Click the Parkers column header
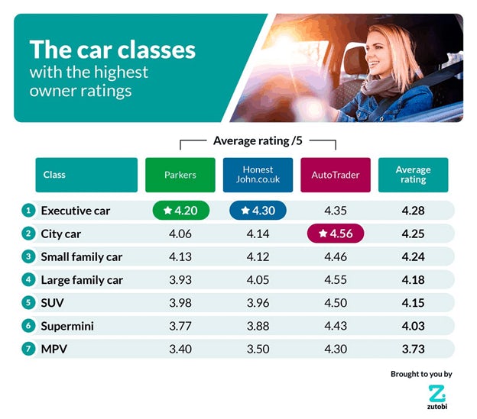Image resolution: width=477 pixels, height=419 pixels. coord(180,175)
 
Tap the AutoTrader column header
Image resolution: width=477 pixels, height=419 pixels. coord(335,175)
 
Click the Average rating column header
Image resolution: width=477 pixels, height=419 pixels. coord(413,175)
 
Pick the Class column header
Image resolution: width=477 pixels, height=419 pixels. coord(86,175)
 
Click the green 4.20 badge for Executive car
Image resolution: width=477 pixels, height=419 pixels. coord(180,211)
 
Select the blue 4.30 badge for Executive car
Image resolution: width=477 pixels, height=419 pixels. coord(258,211)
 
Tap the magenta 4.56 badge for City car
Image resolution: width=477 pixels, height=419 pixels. coord(336,234)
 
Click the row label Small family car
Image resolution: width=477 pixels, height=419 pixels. coord(81,256)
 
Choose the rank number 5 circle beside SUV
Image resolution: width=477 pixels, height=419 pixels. coord(27,303)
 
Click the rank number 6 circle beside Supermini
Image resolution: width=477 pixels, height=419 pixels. coord(27,326)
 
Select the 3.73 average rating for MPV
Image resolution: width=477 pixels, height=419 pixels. coord(413,349)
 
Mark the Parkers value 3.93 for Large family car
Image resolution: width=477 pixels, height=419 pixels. coord(180,280)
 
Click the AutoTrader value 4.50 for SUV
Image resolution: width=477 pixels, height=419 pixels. coord(336,303)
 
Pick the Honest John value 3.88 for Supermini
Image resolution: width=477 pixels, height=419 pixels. coord(258,326)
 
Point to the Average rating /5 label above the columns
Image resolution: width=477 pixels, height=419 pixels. coord(258,140)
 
